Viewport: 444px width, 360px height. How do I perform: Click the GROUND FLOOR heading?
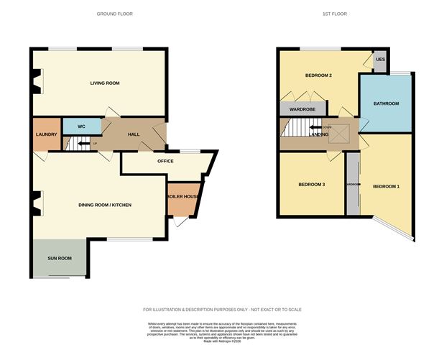pos(114,14)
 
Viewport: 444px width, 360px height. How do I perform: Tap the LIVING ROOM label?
pos(105,83)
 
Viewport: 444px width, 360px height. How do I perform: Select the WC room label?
pos(81,126)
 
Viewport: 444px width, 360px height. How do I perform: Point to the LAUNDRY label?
pos(46,134)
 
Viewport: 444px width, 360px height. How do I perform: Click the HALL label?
pos(134,134)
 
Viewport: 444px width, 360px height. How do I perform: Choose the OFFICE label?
pos(165,161)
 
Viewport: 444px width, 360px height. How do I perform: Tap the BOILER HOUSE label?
pos(182,196)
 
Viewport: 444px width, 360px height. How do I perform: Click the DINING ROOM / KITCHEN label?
pos(105,206)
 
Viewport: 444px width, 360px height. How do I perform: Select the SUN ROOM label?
pos(59,258)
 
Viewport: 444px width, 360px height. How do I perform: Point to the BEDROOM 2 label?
pos(318,75)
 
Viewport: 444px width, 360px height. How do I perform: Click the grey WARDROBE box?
pos(302,109)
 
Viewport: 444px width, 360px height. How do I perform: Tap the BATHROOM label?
pos(386,103)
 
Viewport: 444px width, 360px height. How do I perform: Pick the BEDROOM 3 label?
pos(312,185)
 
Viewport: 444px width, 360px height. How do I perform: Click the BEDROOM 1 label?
pos(386,187)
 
